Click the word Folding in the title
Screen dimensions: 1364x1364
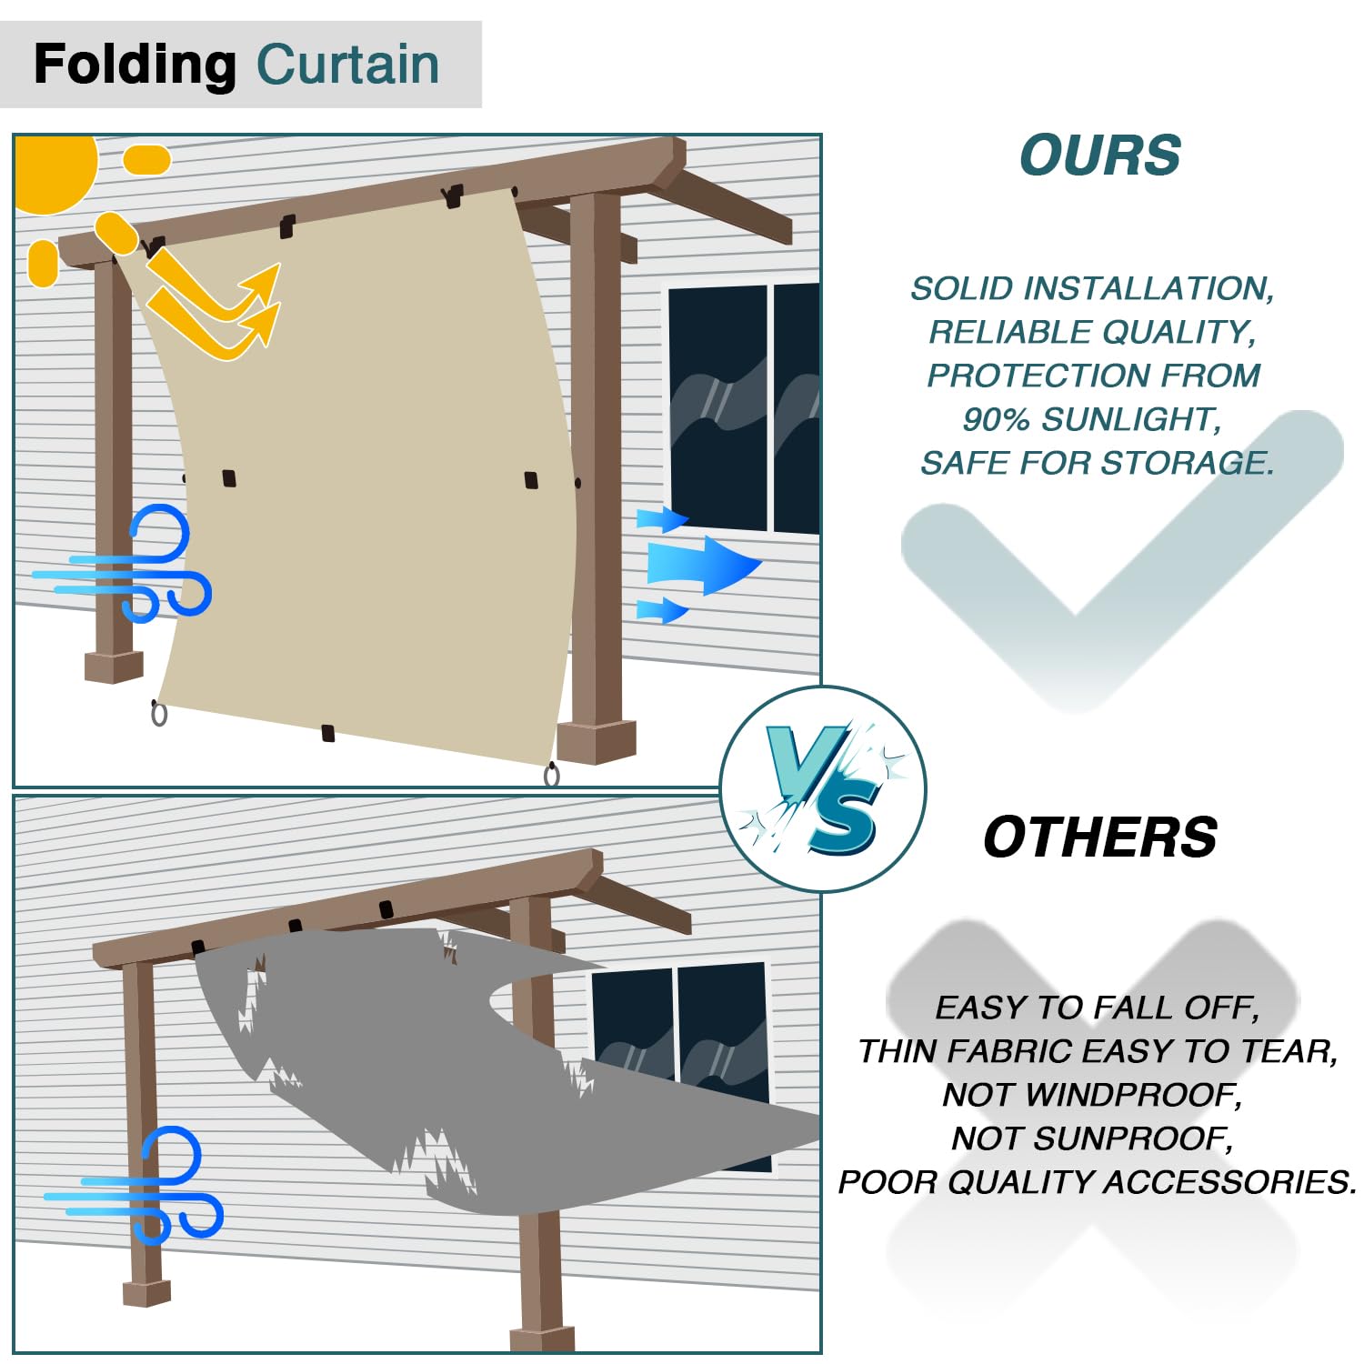pos(135,65)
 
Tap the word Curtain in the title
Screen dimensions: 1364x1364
pos(348,65)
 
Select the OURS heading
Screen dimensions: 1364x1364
pos(1099,155)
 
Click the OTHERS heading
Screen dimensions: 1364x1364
pos(1099,837)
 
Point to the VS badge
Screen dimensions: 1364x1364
pos(823,788)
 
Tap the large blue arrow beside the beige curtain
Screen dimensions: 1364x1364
pos(700,565)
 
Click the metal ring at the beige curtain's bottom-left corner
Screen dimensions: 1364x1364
pos(159,714)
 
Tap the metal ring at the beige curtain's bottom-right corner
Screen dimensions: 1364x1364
pos(552,775)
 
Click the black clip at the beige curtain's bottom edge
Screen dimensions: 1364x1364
pos(328,733)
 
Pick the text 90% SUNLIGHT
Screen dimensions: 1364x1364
pos(1091,419)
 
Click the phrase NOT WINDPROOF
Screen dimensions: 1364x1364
pos(1092,1095)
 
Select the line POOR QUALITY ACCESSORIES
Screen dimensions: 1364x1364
pos(1097,1182)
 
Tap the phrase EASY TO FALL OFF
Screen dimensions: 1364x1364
pos(1097,1008)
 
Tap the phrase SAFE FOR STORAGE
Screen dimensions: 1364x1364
pos(1097,463)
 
